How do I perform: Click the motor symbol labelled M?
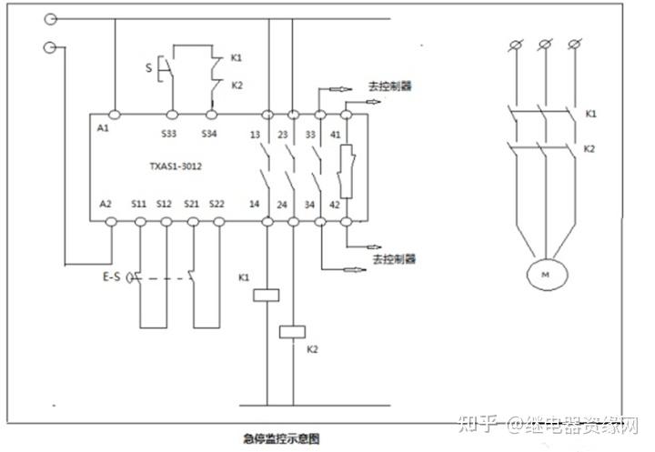click(545, 274)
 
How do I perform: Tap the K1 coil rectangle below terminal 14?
click(267, 295)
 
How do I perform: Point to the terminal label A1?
click(103, 129)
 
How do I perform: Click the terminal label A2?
click(106, 205)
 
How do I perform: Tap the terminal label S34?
click(208, 135)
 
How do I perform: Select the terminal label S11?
click(138, 205)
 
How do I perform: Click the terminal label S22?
click(217, 205)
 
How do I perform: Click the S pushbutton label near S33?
click(149, 66)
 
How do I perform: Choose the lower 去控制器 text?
click(393, 259)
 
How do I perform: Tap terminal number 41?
click(337, 135)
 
